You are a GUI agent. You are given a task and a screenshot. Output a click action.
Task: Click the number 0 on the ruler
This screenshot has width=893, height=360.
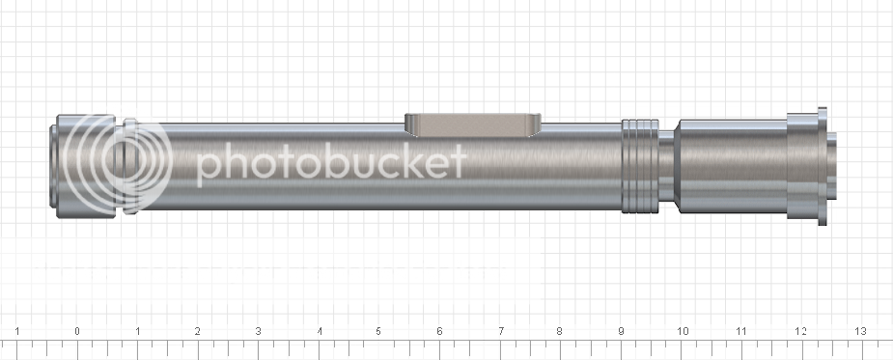(77, 331)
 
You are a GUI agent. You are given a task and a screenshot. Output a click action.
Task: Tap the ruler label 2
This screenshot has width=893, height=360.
(198, 331)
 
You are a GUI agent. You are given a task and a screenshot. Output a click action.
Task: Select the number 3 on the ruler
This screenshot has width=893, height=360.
(258, 331)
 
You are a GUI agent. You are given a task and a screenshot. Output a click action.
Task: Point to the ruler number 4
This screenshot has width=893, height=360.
(320, 331)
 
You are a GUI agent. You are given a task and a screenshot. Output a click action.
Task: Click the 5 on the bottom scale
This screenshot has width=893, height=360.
(378, 331)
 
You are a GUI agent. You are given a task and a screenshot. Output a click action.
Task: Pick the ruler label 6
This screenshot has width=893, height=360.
(439, 331)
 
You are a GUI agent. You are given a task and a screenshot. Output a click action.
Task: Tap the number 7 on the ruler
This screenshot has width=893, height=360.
(501, 331)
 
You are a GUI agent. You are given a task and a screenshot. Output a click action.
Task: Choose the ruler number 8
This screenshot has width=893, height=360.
(559, 331)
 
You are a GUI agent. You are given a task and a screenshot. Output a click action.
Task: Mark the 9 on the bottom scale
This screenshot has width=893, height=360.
(621, 331)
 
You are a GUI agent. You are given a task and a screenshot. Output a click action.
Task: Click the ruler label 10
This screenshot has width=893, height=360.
(683, 331)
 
